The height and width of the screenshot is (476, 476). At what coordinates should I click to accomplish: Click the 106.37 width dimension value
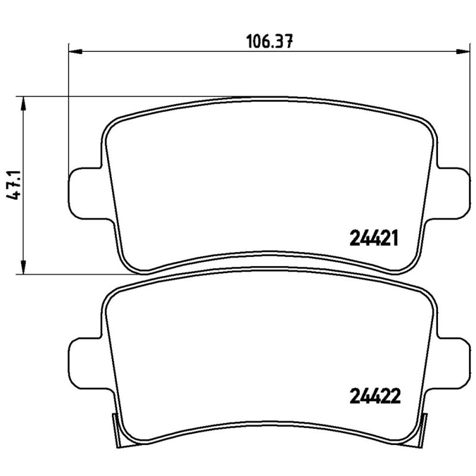pyautogui.click(x=270, y=42)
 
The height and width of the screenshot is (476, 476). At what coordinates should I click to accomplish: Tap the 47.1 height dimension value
pyautogui.click(x=13, y=185)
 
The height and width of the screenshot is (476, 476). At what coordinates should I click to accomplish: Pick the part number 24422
pyautogui.click(x=375, y=396)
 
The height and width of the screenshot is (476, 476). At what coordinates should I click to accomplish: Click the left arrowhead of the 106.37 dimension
pyautogui.click(x=76, y=52)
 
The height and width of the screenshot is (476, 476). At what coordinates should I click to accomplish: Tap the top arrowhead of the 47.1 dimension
pyautogui.click(x=23, y=104)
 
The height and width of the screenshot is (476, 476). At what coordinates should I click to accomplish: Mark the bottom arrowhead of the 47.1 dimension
pyautogui.click(x=23, y=267)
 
